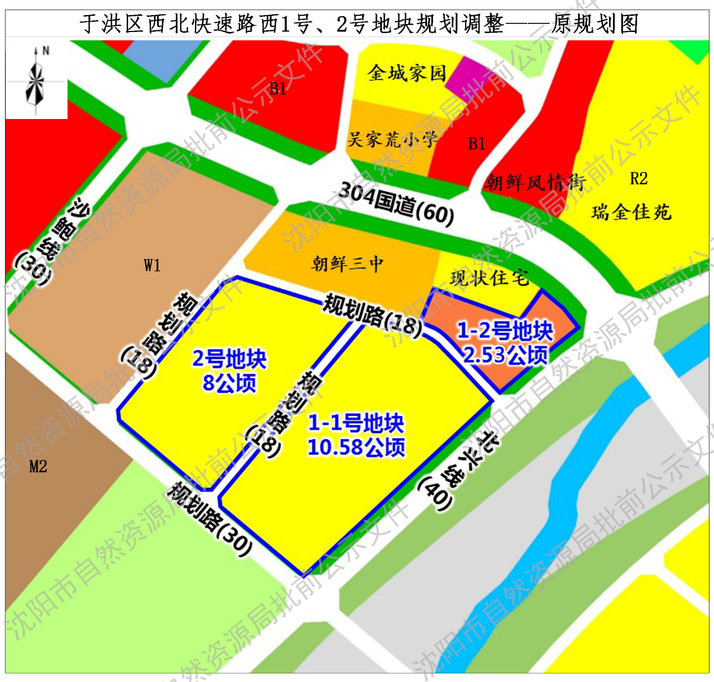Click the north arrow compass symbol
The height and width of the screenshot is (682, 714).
[36, 81]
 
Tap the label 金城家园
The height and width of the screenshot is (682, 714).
[407, 73]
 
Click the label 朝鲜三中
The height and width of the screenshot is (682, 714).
[347, 264]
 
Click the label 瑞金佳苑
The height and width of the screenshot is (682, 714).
[631, 212]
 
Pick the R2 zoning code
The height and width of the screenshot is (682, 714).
[639, 178]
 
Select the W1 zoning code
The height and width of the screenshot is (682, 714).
[152, 265]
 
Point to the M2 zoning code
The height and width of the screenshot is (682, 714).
[38, 466]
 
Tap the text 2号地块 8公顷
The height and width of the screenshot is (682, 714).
[229, 370]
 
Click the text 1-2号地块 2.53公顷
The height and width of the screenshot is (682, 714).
[505, 343]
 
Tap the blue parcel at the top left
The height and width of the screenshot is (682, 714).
[162, 58]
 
